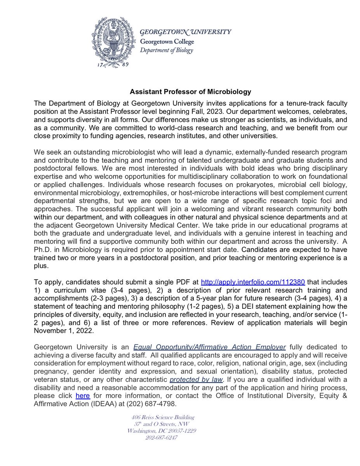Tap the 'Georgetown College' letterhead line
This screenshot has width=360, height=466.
(167, 41)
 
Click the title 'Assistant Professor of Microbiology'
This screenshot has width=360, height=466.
(190, 92)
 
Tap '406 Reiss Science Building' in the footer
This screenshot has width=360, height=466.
(163, 417)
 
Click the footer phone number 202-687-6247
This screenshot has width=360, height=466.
(162, 438)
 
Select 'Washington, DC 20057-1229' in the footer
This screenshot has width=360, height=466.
(162, 431)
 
